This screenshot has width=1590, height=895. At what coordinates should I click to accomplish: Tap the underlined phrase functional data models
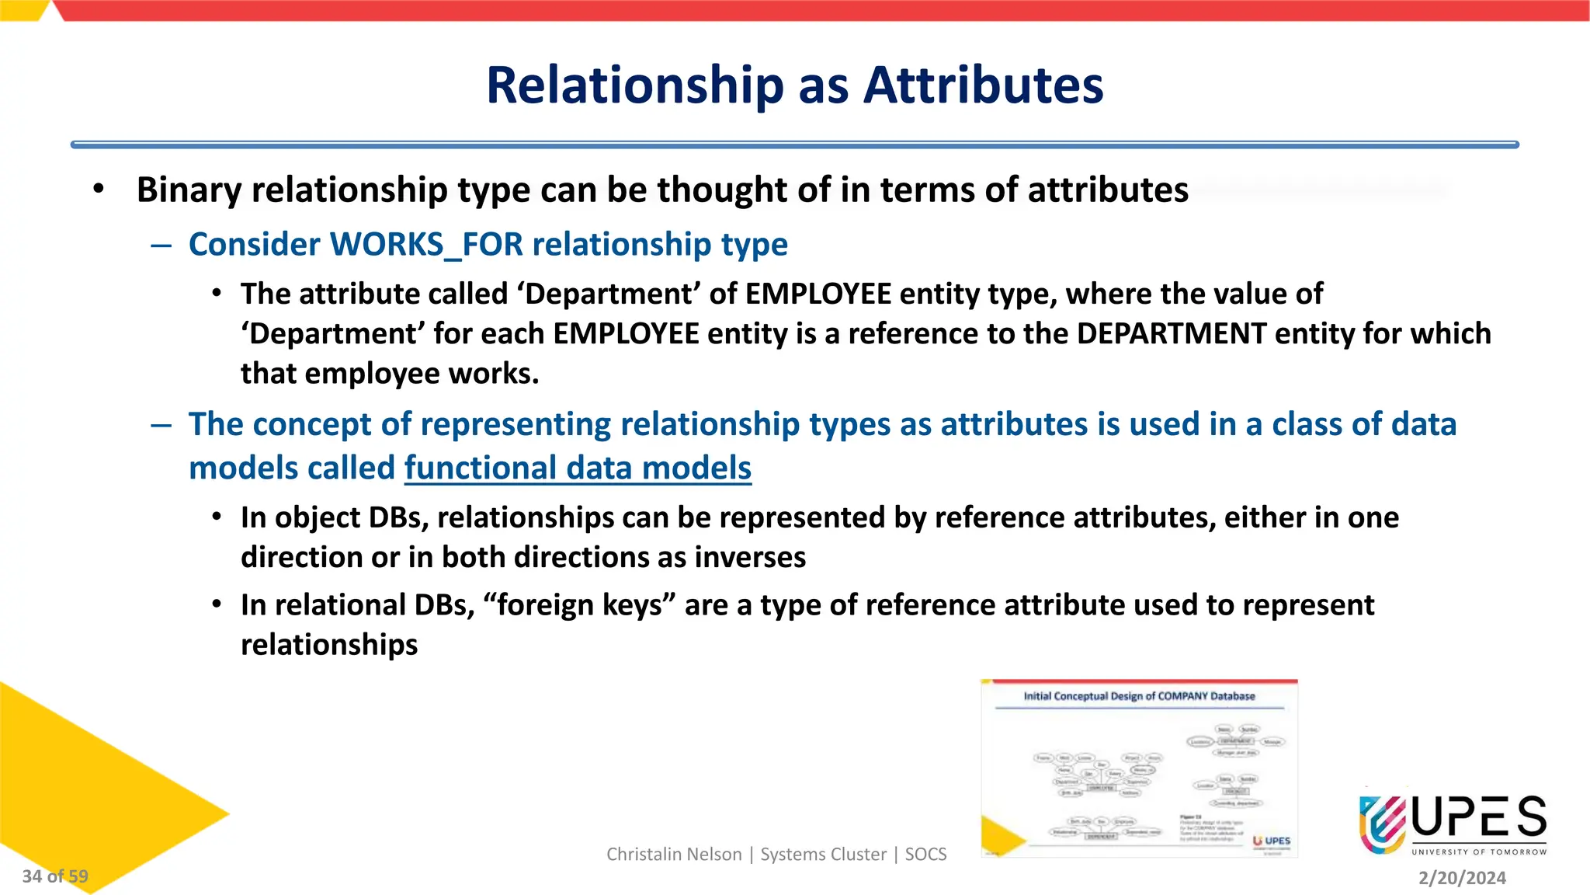coord(578,468)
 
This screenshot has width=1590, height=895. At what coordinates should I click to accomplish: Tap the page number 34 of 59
coord(55,876)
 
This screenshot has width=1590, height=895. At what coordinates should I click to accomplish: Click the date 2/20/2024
coord(1462,878)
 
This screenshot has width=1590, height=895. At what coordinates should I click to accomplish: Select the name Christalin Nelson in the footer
coord(674,855)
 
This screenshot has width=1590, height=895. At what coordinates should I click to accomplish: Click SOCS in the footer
coord(925,855)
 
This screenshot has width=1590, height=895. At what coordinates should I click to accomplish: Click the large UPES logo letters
coord(1479,818)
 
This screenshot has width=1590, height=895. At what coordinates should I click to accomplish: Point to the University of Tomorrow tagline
coord(1479,852)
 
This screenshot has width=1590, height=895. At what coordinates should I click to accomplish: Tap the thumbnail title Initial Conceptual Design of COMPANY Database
coord(1139,696)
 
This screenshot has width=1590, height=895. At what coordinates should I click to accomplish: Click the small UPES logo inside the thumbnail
coord(1272,841)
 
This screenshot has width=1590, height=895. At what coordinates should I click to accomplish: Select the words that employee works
coord(390,374)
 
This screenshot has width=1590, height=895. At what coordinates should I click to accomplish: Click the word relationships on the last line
coord(329,645)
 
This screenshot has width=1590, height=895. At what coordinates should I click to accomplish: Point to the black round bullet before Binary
coord(98,190)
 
